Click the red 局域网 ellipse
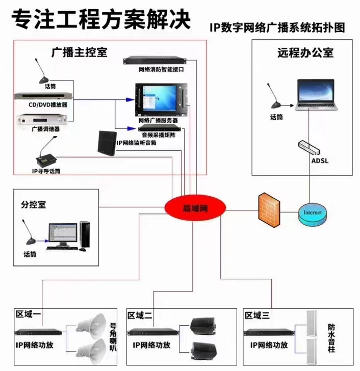[x=195, y=208]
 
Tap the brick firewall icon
[x=269, y=210]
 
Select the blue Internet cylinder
[x=312, y=214]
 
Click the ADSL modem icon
[x=309, y=148]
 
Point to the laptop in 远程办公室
[x=316, y=95]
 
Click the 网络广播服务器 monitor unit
[x=161, y=99]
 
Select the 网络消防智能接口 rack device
[x=155, y=60]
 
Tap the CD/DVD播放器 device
[x=43, y=96]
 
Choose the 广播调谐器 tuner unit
[x=43, y=120]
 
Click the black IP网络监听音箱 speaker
[x=107, y=143]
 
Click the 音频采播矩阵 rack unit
[x=159, y=128]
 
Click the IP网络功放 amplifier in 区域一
[x=38, y=332]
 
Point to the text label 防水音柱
[x=331, y=338]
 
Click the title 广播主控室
[x=79, y=52]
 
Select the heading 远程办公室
[x=305, y=52]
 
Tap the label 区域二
[x=140, y=315]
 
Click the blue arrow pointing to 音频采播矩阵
[x=132, y=129]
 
